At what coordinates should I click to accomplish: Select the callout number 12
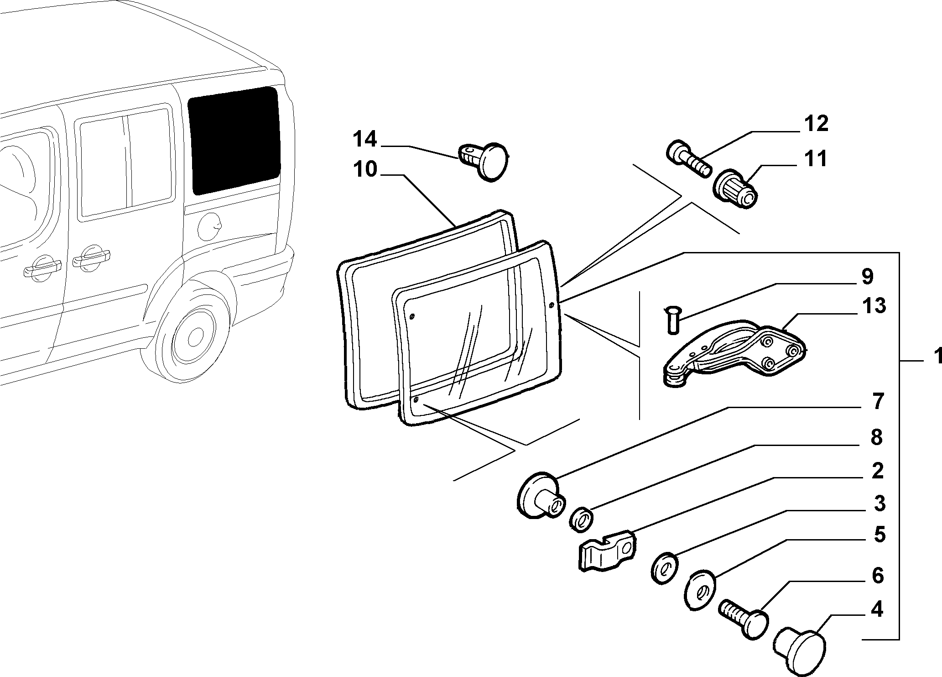click(816, 124)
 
